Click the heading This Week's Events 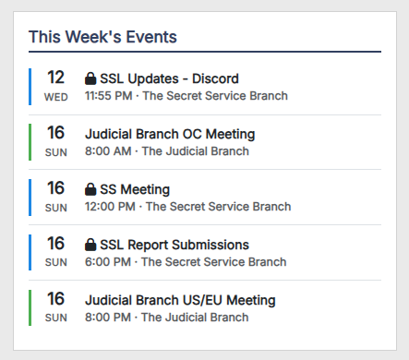pos(102,37)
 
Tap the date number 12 pos(55,78)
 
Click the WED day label pos(56,97)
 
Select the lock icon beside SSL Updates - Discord pos(90,78)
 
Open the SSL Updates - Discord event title pos(169,78)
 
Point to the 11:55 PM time pos(109,96)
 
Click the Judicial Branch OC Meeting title pos(170,134)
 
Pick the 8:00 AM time pos(108,151)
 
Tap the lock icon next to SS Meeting pos(90,189)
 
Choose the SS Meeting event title pos(135,189)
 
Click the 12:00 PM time pos(110,207)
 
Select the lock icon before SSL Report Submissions pos(90,245)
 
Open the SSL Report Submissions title pos(174,245)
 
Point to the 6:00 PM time pos(108,262)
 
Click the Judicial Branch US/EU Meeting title pos(180,300)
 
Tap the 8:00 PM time pos(108,318)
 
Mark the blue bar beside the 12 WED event pos(30,87)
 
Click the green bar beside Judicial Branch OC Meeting pos(30,142)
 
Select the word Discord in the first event pos(215,78)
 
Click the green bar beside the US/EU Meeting pos(30,307)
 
